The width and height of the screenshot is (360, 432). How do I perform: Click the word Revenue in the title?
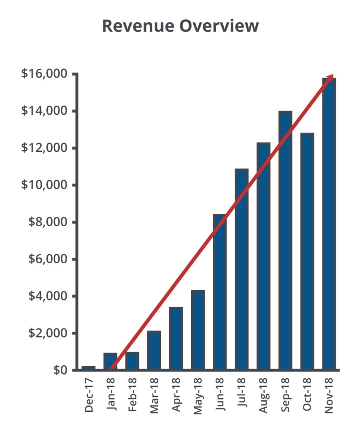pos(134,26)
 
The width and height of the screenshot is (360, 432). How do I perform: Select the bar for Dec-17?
pos(89,368)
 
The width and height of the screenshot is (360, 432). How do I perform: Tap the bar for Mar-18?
pos(154,350)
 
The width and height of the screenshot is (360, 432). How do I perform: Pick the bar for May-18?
pos(198,330)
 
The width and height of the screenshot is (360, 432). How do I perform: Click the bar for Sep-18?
pos(285,240)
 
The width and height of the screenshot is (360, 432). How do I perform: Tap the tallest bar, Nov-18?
pos(329,224)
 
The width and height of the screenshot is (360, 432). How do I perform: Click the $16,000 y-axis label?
pos(44,74)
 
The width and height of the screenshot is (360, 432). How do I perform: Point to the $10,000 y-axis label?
pos(44,185)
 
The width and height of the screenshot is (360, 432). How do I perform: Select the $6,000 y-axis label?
pos(48,259)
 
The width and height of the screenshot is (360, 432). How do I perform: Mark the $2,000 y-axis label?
pos(48,333)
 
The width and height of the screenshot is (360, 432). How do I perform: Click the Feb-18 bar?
pos(132,361)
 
